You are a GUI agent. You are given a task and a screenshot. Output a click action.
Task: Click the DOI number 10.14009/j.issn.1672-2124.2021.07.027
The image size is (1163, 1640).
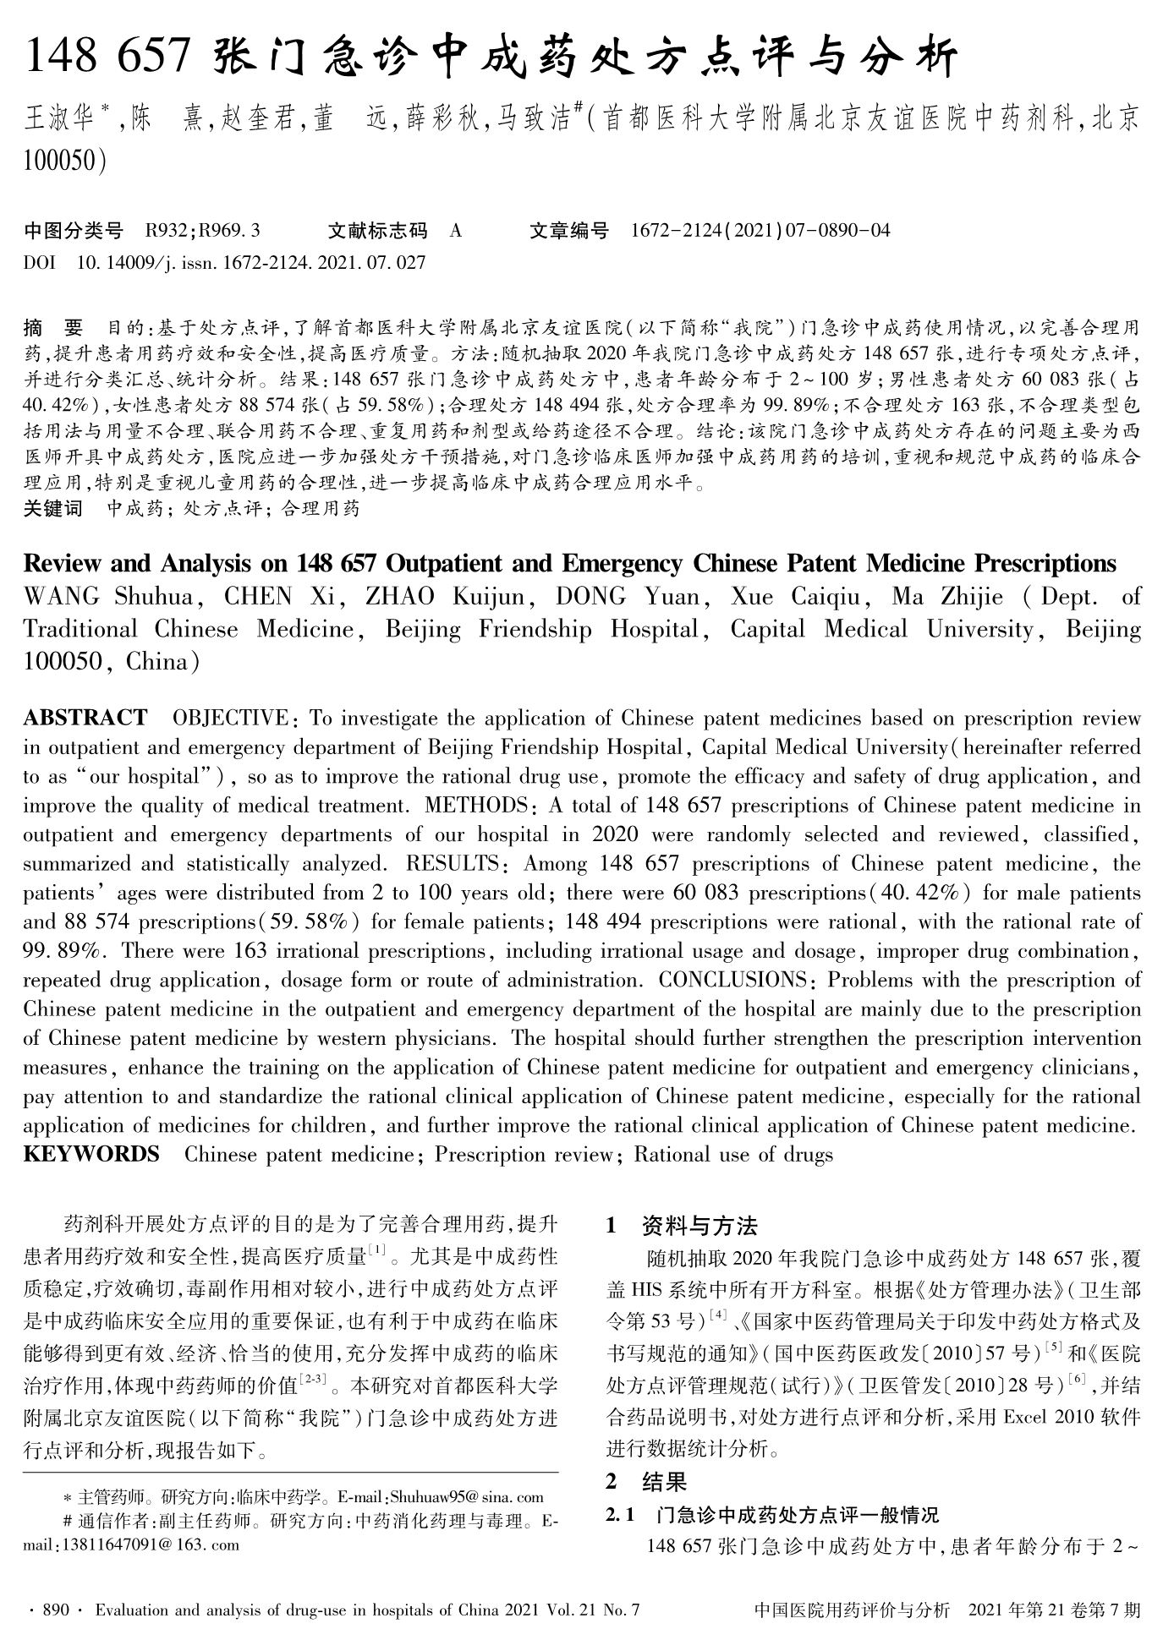(250, 262)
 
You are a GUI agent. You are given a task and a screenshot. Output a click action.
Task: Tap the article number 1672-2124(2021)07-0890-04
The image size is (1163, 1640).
(760, 230)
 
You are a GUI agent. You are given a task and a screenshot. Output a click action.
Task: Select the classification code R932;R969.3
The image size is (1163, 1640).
(202, 230)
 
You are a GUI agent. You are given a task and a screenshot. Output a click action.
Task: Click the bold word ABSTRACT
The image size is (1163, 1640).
(85, 718)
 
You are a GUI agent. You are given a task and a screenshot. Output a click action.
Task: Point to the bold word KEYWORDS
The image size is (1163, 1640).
(91, 1154)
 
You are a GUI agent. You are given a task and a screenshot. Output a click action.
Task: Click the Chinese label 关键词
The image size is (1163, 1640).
(53, 508)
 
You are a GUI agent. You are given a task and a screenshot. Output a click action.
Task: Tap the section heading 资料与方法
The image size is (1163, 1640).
(699, 1226)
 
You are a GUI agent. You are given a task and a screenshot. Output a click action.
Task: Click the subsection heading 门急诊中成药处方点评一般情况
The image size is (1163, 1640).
(798, 1514)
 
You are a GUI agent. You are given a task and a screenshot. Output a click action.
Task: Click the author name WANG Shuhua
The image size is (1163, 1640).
(109, 596)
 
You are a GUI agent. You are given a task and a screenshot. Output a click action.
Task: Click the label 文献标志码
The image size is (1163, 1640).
(377, 230)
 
